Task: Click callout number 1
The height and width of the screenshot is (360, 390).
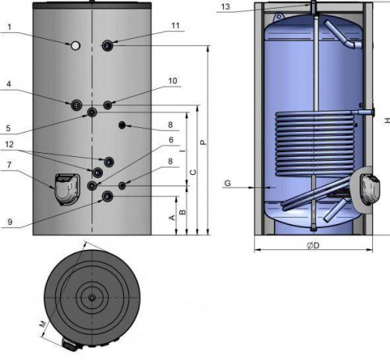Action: tap(9, 27)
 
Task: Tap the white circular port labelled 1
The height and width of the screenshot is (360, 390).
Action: tap(76, 45)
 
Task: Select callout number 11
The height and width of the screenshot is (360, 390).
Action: tap(175, 26)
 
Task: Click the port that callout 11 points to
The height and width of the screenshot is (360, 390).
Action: tap(108, 46)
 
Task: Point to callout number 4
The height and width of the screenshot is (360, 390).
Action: tap(9, 84)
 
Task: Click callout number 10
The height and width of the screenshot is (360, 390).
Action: tap(172, 81)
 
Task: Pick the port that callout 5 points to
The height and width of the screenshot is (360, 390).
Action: tap(92, 112)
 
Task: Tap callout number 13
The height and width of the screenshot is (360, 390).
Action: tap(225, 6)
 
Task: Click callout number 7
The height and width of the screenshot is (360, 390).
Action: tap(9, 165)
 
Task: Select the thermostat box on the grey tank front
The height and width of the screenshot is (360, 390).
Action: tap(66, 189)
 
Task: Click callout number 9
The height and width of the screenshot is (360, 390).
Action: tap(10, 222)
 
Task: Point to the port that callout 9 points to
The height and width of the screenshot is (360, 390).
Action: tap(108, 196)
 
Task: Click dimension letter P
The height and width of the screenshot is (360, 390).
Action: tap(204, 142)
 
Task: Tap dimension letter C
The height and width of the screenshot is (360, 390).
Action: tap(193, 173)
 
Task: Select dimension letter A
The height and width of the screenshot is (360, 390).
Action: tap(172, 217)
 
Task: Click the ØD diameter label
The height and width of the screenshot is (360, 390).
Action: tap(313, 245)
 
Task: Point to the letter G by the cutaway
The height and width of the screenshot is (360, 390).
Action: tap(227, 184)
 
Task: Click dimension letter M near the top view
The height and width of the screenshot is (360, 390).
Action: tap(43, 324)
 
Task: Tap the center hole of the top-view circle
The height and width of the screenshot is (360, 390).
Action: tap(92, 298)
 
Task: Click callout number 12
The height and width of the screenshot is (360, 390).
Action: tap(9, 144)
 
